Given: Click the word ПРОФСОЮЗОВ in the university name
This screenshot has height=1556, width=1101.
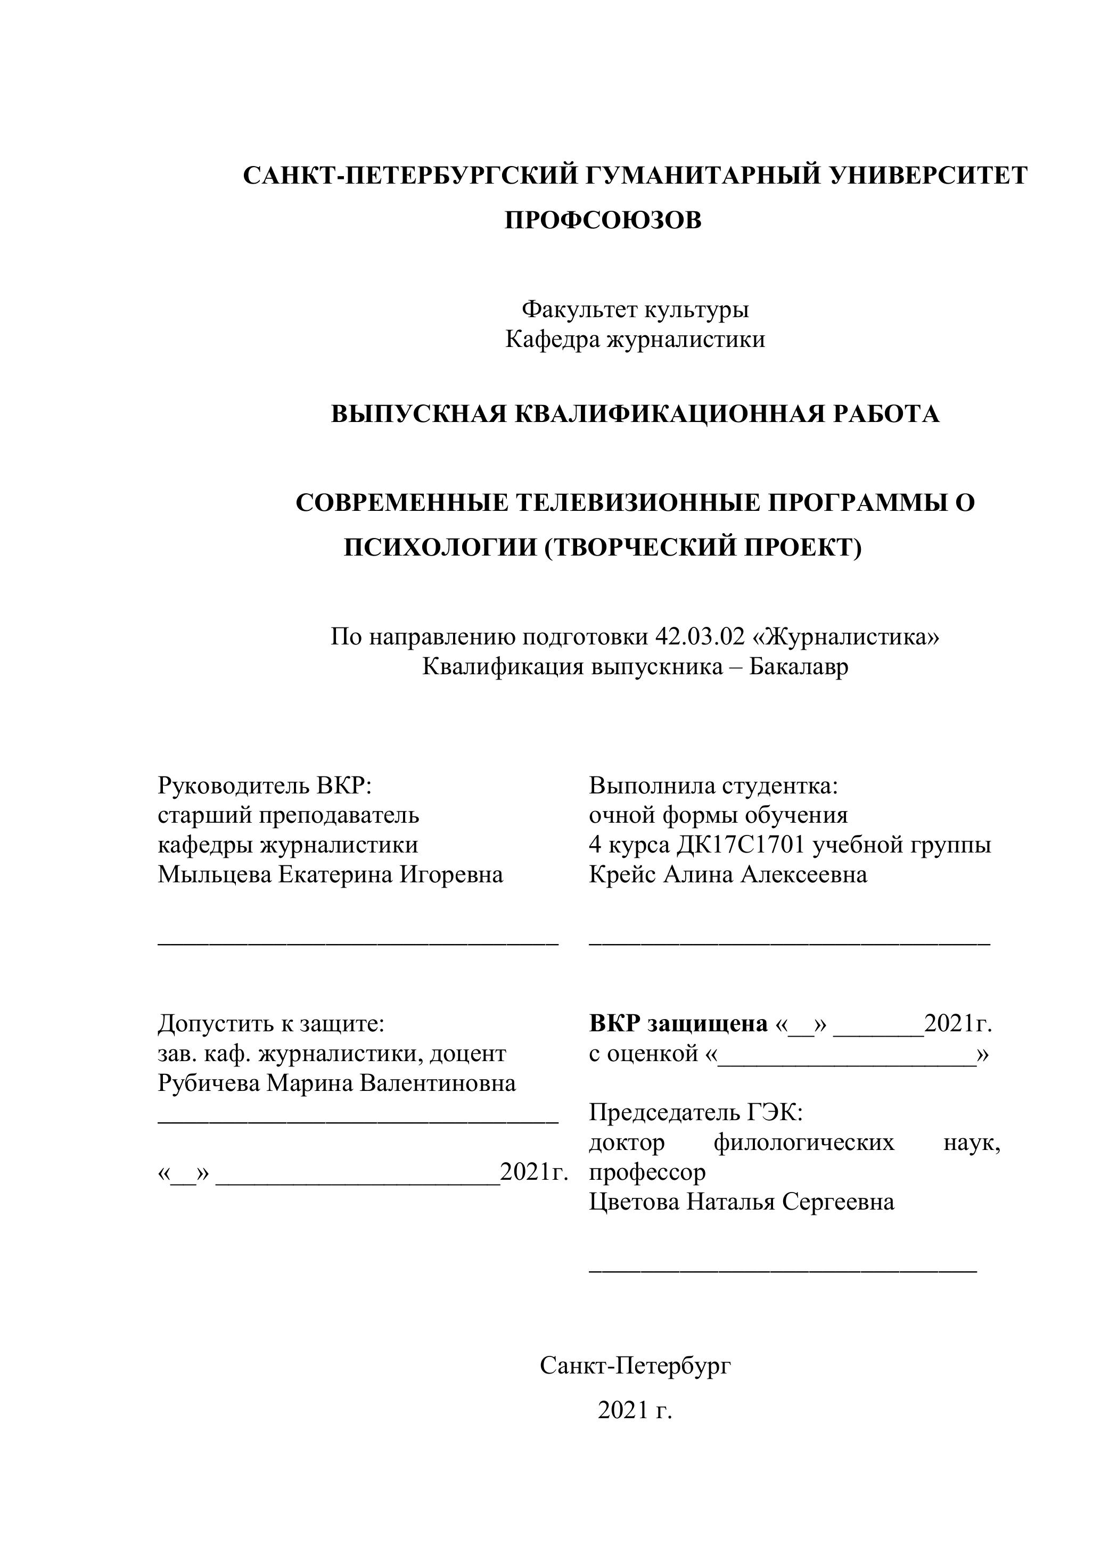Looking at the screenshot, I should click(x=603, y=220).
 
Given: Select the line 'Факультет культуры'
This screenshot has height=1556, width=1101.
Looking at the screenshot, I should click(x=635, y=310).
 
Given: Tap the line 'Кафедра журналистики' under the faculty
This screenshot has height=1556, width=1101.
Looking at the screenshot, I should click(x=635, y=340).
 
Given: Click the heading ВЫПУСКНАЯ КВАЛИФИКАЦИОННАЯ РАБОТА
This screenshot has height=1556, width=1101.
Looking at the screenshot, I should click(x=635, y=414).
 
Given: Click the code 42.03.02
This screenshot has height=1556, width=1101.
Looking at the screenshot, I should click(x=700, y=637).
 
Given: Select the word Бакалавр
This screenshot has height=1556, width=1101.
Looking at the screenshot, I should click(x=799, y=667).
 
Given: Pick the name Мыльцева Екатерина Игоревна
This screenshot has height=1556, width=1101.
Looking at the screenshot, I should click(x=330, y=875).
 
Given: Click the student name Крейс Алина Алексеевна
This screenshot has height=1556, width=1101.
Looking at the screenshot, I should click(x=728, y=875).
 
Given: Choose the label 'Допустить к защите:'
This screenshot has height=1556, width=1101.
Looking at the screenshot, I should click(x=271, y=1024).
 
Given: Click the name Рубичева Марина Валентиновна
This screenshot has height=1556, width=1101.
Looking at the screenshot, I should click(x=336, y=1083).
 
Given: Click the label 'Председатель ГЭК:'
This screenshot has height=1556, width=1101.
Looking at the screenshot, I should click(x=696, y=1113).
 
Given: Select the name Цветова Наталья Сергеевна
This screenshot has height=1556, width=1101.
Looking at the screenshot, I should click(x=742, y=1202).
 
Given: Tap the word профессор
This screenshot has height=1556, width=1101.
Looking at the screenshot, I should click(x=647, y=1172).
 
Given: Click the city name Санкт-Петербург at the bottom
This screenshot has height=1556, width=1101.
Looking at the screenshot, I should click(x=635, y=1365).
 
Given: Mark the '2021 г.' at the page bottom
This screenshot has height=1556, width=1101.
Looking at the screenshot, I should click(x=635, y=1410).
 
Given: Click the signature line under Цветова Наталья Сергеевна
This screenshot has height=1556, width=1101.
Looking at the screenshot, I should click(x=783, y=1267).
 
